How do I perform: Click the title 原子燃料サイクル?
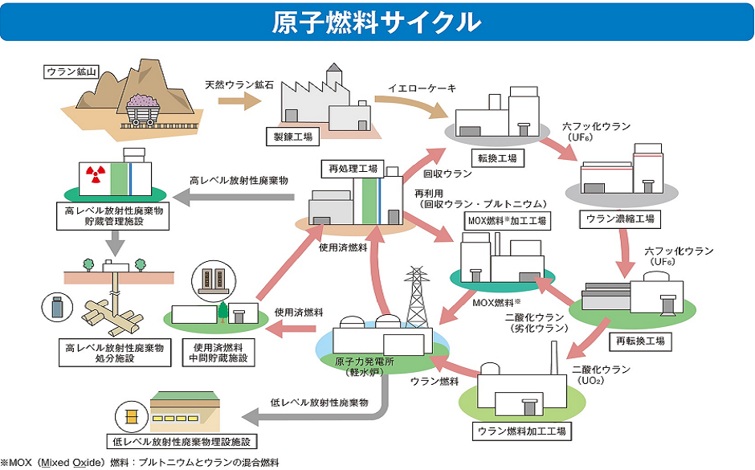pyautogui.click(x=377, y=22)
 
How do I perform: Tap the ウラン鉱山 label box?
pyautogui.click(x=71, y=72)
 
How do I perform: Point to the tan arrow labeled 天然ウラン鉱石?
pyautogui.click(x=241, y=101)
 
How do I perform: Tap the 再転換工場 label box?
pyautogui.click(x=643, y=341)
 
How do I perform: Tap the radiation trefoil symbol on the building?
pyautogui.click(x=96, y=172)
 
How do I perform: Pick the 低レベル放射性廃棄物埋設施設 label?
pyautogui.click(x=185, y=441)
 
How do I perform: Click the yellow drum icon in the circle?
pyautogui.click(x=128, y=416)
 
